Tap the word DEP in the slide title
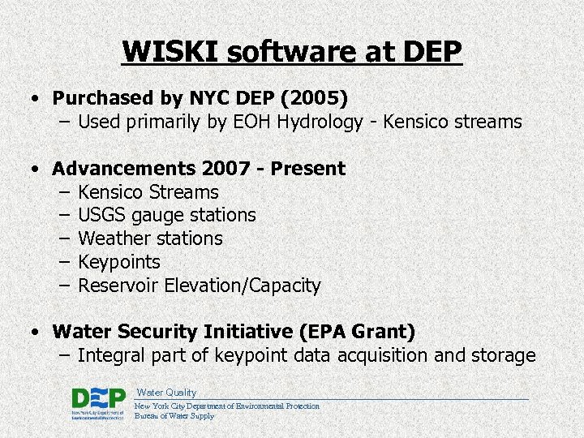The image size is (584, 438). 429,51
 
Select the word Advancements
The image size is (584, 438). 122,169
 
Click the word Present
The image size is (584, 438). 308,169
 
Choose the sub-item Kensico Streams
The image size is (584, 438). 148,192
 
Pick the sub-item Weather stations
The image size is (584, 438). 150,238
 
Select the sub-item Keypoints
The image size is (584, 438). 119,262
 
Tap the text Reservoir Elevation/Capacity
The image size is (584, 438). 200,286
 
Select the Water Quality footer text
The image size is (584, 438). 166,393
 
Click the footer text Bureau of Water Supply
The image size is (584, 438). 174,416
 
